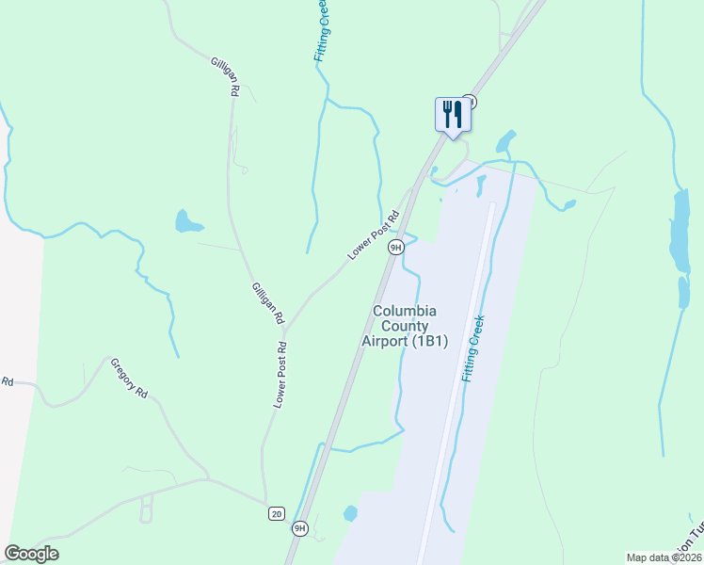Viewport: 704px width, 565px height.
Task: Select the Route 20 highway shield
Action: click(276, 513)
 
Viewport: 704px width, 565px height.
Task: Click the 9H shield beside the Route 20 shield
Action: click(299, 528)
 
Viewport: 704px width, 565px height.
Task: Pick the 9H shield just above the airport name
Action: click(396, 247)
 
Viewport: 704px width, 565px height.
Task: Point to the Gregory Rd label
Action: click(130, 377)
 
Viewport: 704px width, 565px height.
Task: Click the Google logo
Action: click(31, 554)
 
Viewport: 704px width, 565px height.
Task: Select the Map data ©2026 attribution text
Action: click(663, 557)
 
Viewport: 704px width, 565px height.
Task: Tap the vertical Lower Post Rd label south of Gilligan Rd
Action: click(280, 375)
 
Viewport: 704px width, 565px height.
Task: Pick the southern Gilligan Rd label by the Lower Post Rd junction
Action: click(268, 303)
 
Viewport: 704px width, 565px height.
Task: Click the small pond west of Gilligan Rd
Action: click(186, 222)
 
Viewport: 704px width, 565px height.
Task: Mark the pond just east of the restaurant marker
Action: click(506, 142)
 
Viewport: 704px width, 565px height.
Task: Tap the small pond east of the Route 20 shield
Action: click(350, 513)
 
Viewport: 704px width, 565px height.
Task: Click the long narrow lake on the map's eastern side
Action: click(679, 231)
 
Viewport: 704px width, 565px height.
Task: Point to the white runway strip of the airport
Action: click(461, 377)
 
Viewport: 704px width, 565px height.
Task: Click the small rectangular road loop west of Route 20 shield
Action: click(146, 509)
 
